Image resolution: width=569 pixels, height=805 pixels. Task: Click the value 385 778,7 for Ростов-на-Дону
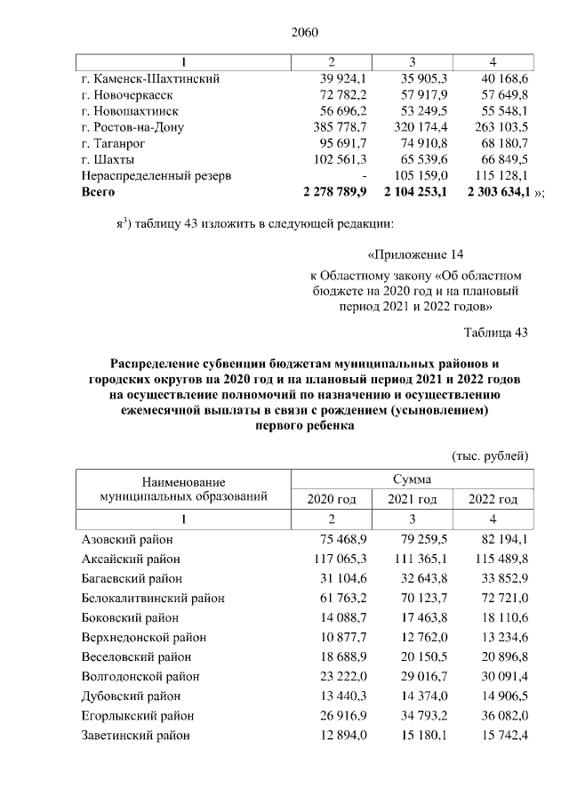click(333, 127)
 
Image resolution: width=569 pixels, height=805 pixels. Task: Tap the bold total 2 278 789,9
click(332, 191)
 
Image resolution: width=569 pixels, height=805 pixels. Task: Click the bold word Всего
click(98, 191)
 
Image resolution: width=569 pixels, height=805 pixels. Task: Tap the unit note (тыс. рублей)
click(491, 455)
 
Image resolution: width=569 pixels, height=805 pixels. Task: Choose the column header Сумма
click(413, 479)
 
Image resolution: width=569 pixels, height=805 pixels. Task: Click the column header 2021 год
click(413, 499)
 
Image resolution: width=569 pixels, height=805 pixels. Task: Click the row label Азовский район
click(127, 539)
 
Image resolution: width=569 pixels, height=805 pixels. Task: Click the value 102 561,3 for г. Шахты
click(333, 159)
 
